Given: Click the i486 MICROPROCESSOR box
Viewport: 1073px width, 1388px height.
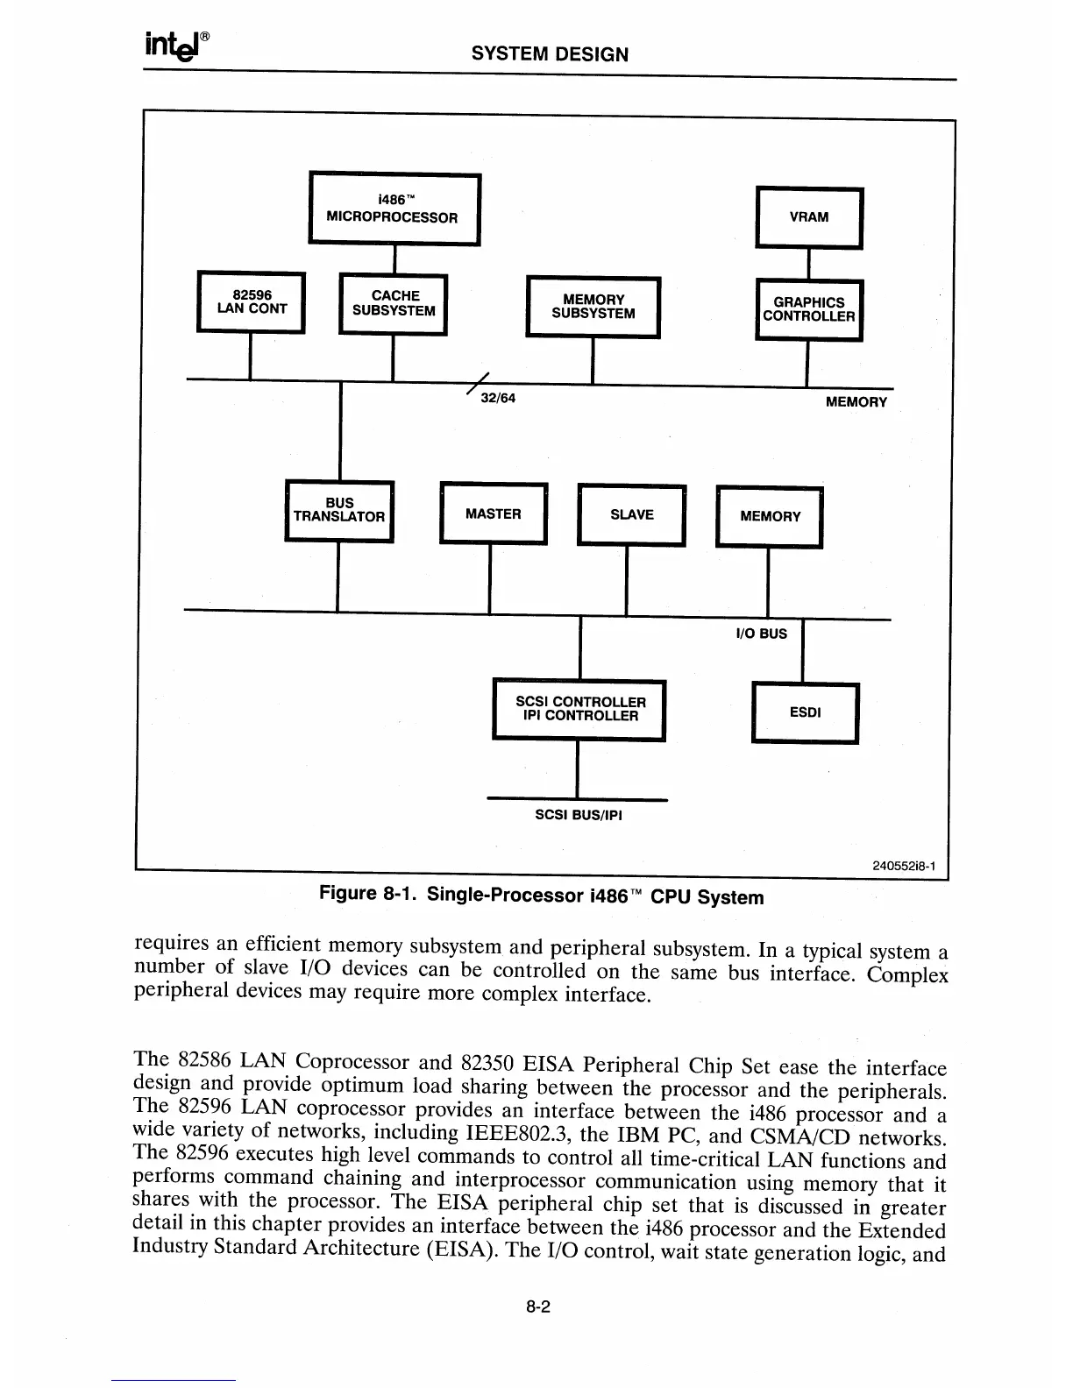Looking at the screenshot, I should (394, 209).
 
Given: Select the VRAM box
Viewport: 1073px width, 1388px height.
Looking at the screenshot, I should (809, 217).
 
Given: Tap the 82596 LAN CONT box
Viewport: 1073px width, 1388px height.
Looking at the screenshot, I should (252, 302).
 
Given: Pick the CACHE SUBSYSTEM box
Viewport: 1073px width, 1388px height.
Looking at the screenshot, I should (394, 303).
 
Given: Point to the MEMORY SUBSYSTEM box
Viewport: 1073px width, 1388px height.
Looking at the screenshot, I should (593, 307).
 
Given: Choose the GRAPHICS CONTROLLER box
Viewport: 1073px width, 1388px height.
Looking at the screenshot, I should (808, 309).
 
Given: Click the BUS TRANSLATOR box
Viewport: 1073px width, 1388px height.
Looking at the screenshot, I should (339, 511).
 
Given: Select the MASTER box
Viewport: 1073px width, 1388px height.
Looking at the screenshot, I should (493, 514).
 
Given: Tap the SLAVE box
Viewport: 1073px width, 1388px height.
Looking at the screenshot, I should (631, 515).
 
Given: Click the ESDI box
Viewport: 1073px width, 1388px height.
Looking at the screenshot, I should (805, 712).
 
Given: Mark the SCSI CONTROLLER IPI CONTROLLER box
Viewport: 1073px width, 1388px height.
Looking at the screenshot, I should (579, 710).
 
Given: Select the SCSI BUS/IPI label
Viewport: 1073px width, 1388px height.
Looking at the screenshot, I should (578, 815).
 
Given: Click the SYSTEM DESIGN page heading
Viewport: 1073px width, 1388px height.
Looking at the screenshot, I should (550, 54).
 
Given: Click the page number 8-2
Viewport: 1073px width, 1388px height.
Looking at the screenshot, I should (537, 1307).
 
